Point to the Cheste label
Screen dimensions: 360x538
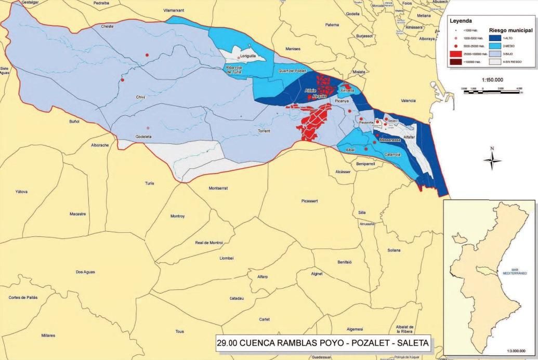[x=107, y=26]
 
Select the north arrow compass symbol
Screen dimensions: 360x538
[x=492, y=160]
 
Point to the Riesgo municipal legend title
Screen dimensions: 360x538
[x=511, y=30]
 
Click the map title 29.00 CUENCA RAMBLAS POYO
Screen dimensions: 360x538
[x=322, y=343]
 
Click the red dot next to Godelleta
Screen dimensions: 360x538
[x=148, y=128]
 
